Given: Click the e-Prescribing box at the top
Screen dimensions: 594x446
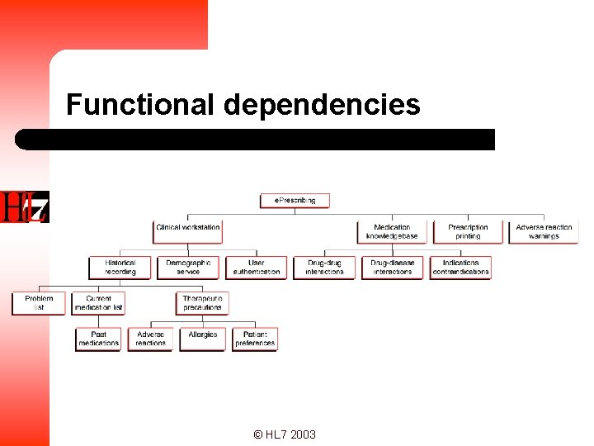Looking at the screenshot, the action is tap(295, 200).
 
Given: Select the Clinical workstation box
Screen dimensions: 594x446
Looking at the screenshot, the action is tap(188, 230).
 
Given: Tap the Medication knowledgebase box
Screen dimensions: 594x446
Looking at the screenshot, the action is tap(392, 232).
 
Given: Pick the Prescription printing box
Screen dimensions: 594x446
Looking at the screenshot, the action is tap(468, 232).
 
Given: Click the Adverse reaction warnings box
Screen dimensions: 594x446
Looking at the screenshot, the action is tap(544, 232).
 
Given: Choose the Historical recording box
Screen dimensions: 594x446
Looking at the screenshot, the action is tap(120, 268).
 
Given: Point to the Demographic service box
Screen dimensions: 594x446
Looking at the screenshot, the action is tap(188, 268).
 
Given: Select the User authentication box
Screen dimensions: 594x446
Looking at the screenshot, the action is tap(257, 268).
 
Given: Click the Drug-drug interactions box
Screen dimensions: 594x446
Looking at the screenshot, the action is tap(324, 268).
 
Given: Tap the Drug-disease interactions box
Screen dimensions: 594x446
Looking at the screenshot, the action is tap(392, 268).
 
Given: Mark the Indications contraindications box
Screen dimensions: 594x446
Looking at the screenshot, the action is tap(460, 268).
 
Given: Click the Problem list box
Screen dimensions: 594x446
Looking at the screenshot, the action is tap(39, 303).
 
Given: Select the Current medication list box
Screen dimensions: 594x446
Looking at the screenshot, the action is tap(98, 303).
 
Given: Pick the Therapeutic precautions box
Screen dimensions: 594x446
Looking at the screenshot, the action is tap(202, 303).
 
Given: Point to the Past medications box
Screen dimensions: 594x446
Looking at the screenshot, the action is tap(98, 339).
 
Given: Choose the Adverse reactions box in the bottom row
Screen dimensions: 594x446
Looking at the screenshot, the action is tap(150, 339).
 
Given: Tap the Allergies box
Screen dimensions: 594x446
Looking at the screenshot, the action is tap(202, 339).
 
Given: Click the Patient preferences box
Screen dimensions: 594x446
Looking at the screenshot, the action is tap(255, 339).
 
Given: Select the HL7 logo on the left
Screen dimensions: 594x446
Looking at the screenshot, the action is tap(25, 206).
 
